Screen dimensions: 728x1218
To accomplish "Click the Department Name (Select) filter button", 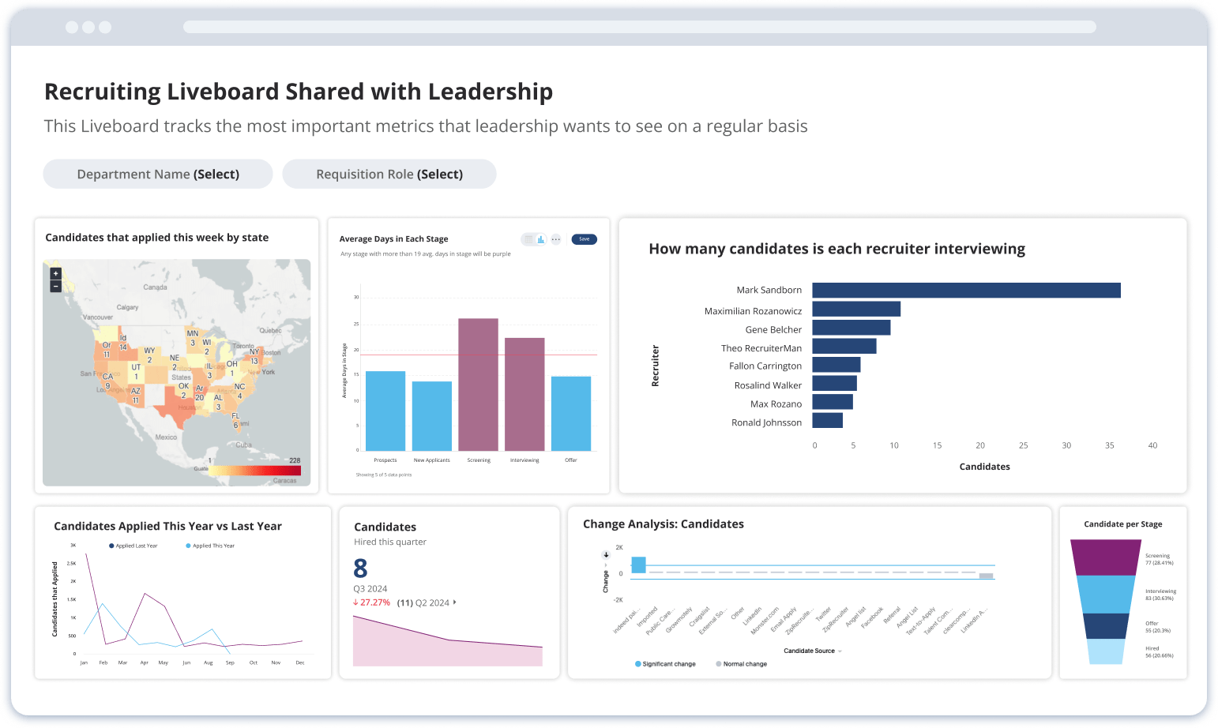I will tap(158, 174).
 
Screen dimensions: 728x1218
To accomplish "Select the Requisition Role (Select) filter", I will tap(389, 174).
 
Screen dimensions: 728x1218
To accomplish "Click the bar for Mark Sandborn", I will tap(965, 291).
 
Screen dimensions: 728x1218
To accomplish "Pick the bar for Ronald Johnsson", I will tap(827, 421).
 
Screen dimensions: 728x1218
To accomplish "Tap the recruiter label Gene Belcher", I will tap(773, 330).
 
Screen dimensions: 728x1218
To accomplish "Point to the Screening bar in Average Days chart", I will tap(478, 384).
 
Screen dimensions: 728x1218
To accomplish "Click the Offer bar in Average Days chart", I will tap(571, 413).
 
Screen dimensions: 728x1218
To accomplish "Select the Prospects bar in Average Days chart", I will tap(385, 411).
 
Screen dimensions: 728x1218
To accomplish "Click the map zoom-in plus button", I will tap(55, 274).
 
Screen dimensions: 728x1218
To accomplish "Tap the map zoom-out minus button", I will tap(55, 286).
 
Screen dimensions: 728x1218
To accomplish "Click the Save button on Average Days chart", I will tap(584, 239).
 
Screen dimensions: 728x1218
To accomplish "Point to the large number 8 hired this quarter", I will tap(360, 569).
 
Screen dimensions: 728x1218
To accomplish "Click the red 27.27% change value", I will tap(374, 602).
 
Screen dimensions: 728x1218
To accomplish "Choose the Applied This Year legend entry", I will tap(212, 546).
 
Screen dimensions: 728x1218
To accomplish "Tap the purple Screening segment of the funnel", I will tap(1106, 557).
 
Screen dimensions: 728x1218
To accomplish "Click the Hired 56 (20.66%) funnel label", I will tap(1159, 652).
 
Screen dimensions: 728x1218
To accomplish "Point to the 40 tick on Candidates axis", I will tap(1152, 446).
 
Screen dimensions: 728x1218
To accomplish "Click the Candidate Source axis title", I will tap(809, 651).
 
